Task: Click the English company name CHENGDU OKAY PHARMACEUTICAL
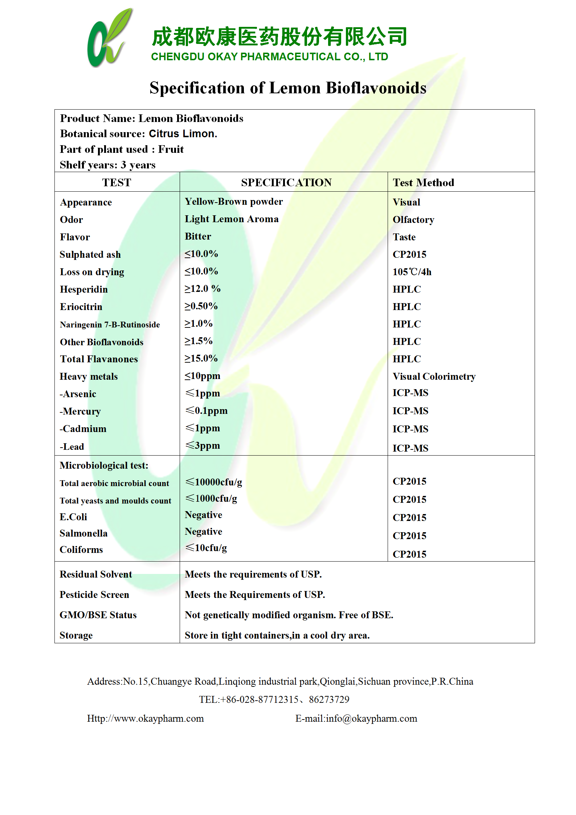(269, 57)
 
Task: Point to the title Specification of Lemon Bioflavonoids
(288, 88)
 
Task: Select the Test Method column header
(423, 183)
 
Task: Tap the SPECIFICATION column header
(286, 183)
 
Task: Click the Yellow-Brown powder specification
(234, 202)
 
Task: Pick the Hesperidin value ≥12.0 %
(203, 289)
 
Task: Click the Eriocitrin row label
(81, 307)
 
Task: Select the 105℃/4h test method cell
(412, 272)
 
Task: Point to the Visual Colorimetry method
(434, 376)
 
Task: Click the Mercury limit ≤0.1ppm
(207, 411)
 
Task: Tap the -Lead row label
(72, 447)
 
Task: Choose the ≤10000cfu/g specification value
(214, 482)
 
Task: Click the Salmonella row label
(83, 533)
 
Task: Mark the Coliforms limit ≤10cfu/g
(206, 548)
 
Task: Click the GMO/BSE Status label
(98, 615)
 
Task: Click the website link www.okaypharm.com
(159, 718)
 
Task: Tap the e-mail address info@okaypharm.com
(371, 718)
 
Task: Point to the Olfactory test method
(413, 220)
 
